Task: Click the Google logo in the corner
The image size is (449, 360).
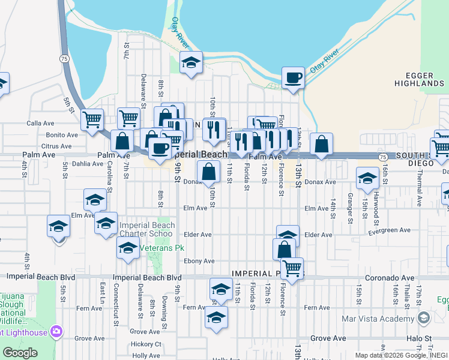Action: point(20,353)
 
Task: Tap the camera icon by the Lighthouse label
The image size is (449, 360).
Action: point(56,331)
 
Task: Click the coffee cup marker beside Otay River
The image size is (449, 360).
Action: point(293,78)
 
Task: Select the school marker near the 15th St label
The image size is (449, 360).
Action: point(367,178)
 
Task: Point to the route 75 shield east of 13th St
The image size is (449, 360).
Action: point(382,156)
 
